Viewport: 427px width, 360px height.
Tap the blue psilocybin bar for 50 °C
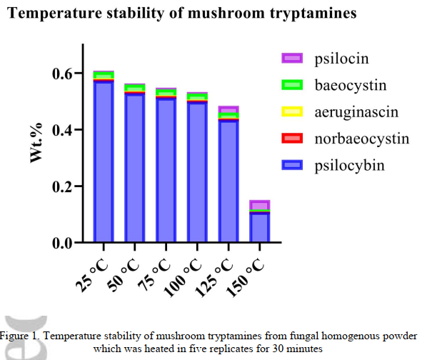pos(135,169)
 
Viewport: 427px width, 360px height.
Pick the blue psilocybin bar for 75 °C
pos(166,171)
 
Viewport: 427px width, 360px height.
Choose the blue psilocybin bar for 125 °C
pos(229,181)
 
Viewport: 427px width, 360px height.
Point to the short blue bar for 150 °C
pos(260,228)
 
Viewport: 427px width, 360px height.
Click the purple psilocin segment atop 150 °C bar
pos(260,206)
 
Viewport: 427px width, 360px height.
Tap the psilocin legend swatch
pos(292,59)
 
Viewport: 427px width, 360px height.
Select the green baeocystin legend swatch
pos(292,85)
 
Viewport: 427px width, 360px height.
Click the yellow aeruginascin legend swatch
pos(292,112)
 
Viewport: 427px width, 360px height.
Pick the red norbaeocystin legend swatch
pos(292,139)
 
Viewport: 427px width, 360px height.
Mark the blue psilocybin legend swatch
pos(292,165)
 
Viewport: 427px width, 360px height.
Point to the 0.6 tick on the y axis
pos(64,74)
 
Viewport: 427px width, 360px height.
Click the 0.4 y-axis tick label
pos(64,130)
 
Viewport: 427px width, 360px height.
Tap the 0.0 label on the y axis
pos(64,244)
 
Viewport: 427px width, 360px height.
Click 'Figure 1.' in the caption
pos(21,336)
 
